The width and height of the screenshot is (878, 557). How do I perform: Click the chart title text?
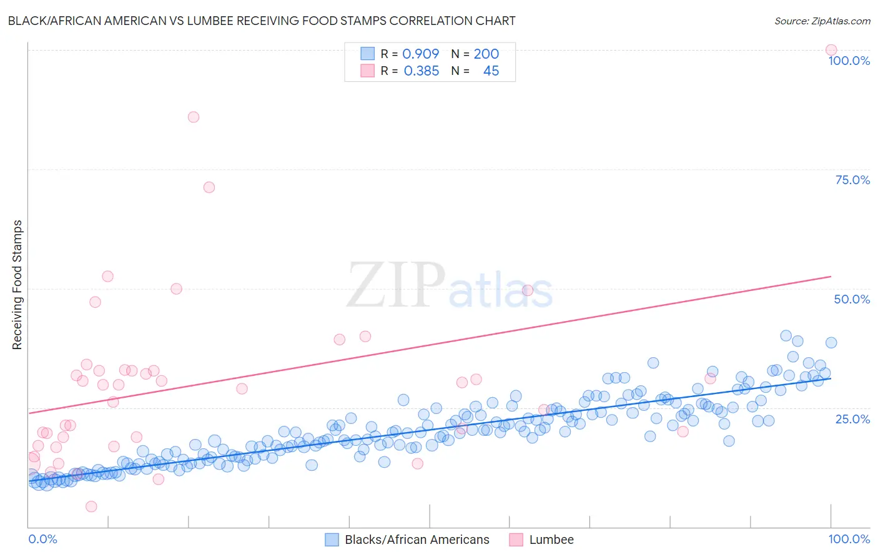(x=262, y=21)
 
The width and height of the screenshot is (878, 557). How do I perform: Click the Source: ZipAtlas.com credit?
(x=822, y=21)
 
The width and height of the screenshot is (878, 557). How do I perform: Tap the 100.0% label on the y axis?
(x=849, y=61)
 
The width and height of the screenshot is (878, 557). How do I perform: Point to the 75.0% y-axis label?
(x=852, y=180)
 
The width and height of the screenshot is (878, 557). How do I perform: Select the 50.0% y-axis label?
(x=852, y=299)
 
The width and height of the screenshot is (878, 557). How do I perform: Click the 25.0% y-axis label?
(x=852, y=418)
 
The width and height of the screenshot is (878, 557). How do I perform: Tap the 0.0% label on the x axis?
(x=42, y=539)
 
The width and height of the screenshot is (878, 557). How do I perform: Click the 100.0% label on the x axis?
(x=849, y=539)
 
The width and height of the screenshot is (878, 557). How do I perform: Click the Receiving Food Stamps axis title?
(x=17, y=285)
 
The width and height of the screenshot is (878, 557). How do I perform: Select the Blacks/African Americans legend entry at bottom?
(x=417, y=540)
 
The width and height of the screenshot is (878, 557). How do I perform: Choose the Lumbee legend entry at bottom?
(x=551, y=540)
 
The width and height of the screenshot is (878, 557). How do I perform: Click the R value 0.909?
(x=420, y=54)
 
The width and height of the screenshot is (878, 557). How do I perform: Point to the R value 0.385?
(x=422, y=71)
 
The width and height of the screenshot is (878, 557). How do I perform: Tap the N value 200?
(x=486, y=54)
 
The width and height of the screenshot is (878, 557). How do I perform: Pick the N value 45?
(x=491, y=71)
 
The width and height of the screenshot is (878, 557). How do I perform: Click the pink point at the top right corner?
(x=831, y=50)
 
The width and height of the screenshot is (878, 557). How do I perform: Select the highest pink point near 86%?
(x=194, y=117)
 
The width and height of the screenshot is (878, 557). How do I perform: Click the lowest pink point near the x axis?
(x=91, y=506)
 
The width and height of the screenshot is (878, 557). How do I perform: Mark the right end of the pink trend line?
(x=831, y=276)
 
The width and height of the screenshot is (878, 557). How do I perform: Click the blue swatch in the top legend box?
(x=367, y=54)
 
